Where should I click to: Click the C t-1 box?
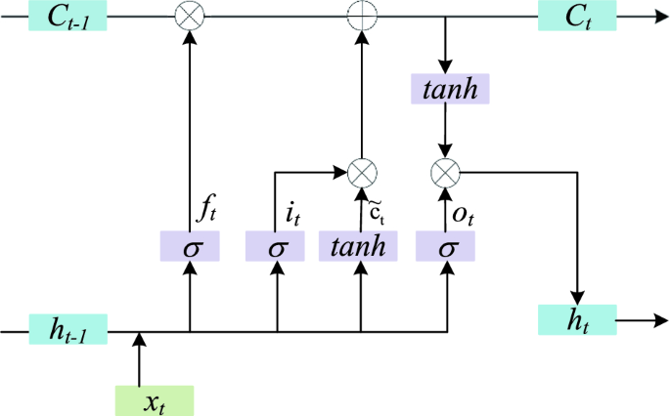click(67, 16)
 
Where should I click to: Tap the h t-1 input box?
click(67, 331)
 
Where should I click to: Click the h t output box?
click(576, 318)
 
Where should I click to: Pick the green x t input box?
click(155, 400)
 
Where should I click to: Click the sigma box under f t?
click(190, 247)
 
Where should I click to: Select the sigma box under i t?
click(277, 247)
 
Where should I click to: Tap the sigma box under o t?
click(447, 247)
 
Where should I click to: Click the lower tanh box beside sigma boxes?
click(361, 247)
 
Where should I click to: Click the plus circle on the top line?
click(362, 16)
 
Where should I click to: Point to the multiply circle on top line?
click(189, 16)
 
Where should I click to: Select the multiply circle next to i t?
click(362, 174)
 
